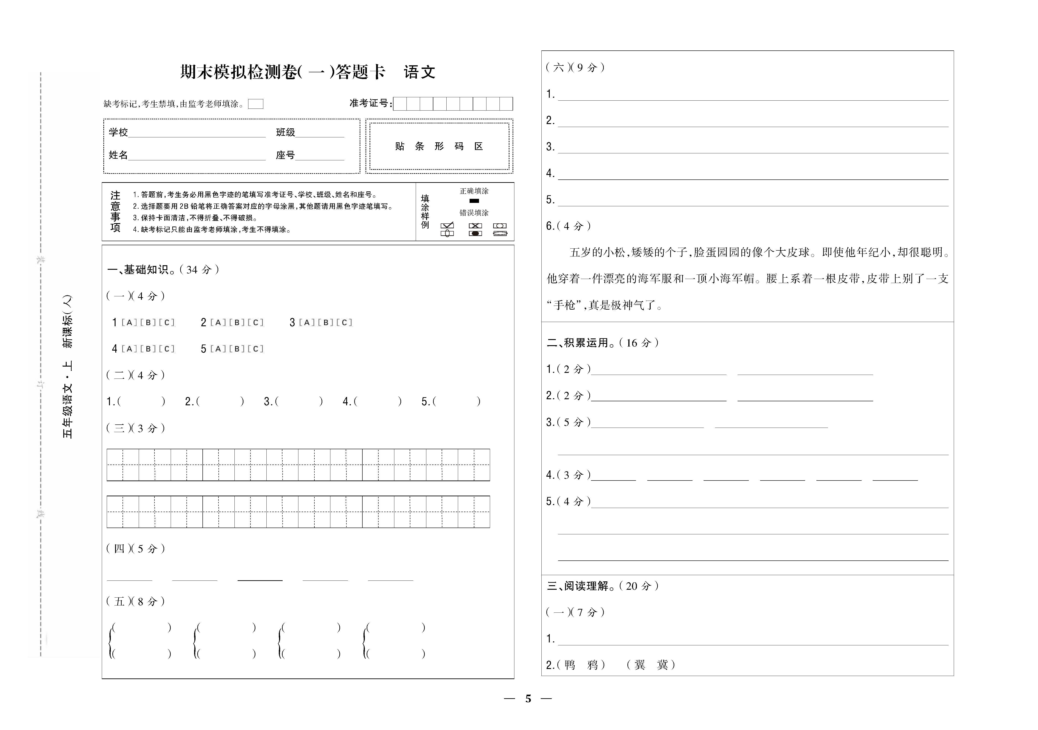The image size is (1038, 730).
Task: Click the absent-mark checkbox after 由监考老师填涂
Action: pyautogui.click(x=256, y=104)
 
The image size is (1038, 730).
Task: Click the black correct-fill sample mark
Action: pyautogui.click(x=474, y=201)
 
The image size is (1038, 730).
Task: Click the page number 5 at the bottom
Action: pyautogui.click(x=528, y=699)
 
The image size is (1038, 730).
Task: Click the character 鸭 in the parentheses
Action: pyautogui.click(x=570, y=665)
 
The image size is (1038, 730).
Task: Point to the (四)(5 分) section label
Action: pyautogui.click(x=136, y=549)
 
